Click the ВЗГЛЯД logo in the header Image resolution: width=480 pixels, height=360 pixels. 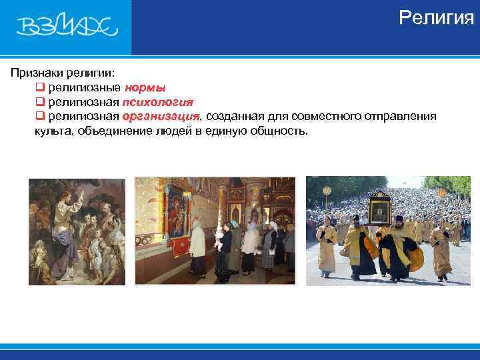point(67,27)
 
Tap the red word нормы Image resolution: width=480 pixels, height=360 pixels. point(145,87)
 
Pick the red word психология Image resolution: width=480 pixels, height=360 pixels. point(157,102)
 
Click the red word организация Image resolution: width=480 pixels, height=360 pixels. point(161,117)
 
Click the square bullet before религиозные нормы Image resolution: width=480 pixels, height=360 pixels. point(39,87)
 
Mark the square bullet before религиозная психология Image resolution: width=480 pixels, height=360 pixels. point(39,102)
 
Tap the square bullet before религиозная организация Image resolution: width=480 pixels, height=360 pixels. point(39,117)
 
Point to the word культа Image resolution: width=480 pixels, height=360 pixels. point(53,131)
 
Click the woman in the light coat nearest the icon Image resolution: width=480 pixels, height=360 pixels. point(197,247)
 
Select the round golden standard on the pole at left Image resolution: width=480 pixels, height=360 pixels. point(327,191)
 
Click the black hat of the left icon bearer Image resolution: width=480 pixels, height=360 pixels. point(355,218)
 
